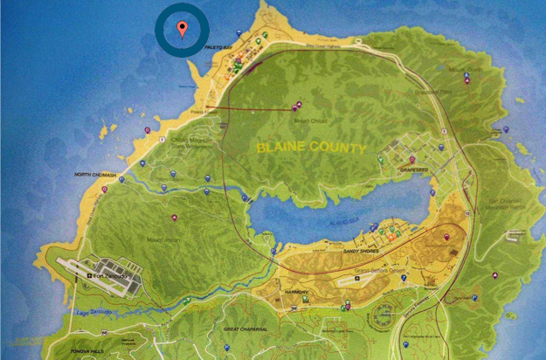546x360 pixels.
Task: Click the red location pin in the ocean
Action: click(182, 30)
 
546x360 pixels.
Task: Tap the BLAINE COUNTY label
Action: click(311, 149)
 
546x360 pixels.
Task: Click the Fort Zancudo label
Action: click(113, 276)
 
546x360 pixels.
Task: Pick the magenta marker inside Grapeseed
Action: click(411, 159)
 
